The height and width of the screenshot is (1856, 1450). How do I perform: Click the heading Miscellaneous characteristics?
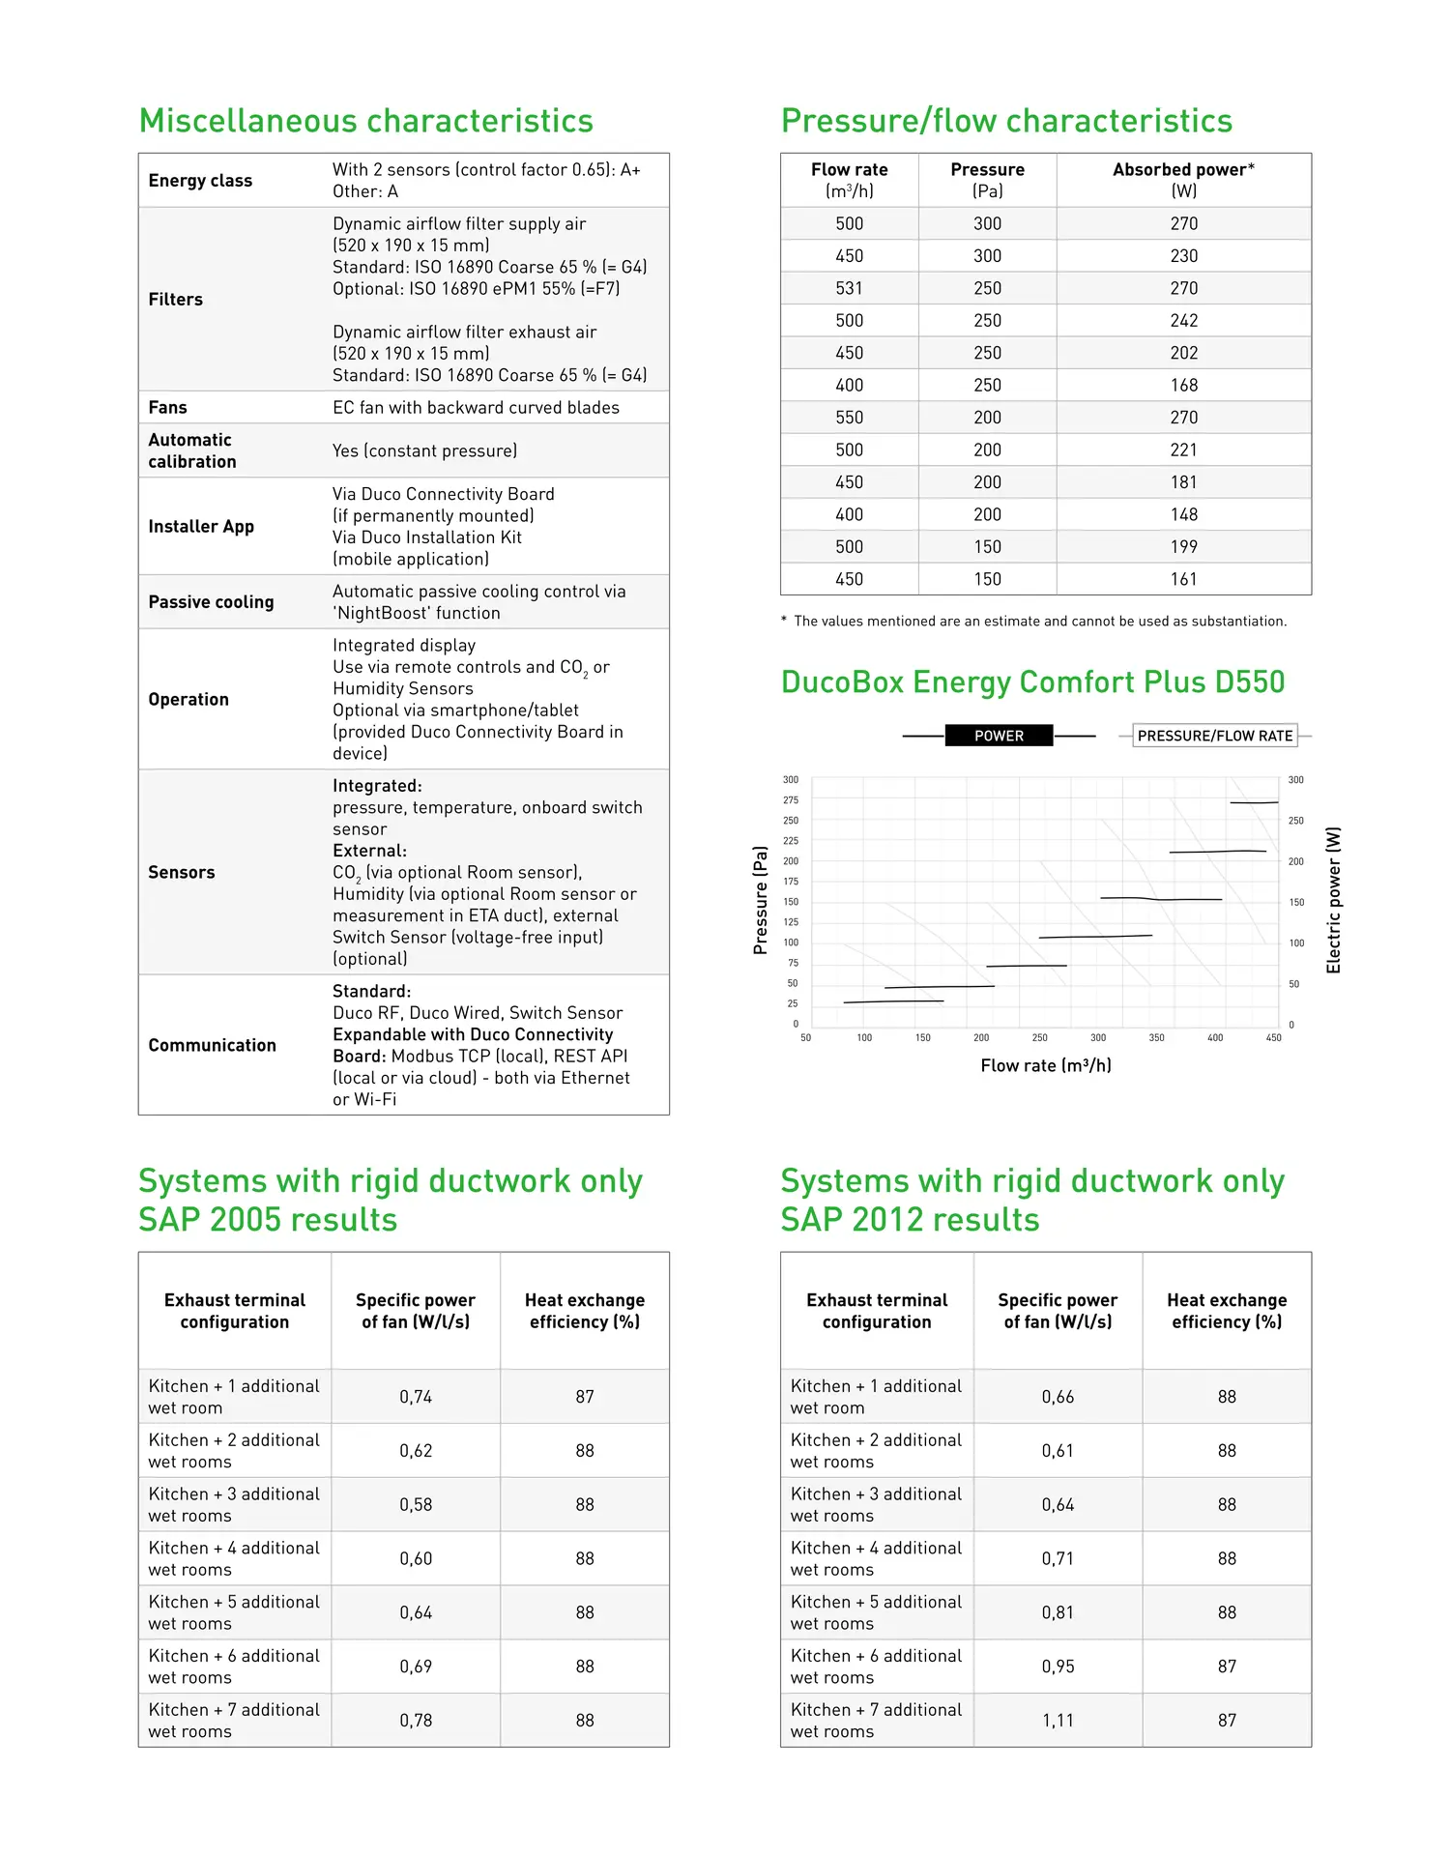click(365, 121)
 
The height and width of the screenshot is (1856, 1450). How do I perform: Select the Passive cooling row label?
click(211, 602)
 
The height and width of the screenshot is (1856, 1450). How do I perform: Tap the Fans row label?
click(167, 408)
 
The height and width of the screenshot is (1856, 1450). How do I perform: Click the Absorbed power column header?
click(1183, 180)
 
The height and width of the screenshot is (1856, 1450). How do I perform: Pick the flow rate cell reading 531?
click(849, 288)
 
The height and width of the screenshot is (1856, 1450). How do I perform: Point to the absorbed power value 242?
click(1183, 321)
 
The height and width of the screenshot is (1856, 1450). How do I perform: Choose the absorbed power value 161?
click(1183, 579)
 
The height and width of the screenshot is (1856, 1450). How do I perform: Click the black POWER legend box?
click(999, 736)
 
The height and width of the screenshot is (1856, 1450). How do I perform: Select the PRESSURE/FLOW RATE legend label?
click(1214, 736)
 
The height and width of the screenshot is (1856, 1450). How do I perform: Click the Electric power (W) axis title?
click(1333, 900)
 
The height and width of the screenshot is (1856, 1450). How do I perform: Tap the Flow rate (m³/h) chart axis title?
click(1045, 1065)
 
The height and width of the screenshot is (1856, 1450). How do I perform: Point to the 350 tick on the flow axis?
click(1156, 1038)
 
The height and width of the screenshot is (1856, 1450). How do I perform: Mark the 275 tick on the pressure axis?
click(791, 800)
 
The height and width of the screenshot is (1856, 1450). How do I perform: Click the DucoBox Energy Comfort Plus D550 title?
click(1032, 682)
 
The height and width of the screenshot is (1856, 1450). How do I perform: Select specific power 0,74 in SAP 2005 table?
click(416, 1397)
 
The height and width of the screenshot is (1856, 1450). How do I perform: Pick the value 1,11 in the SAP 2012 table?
click(1058, 1721)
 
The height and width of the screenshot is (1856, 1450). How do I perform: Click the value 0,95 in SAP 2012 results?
click(1058, 1667)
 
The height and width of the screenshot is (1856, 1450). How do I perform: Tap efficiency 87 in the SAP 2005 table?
click(585, 1397)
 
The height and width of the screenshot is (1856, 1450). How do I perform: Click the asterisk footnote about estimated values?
click(1033, 622)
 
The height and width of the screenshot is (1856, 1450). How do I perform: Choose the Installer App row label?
click(201, 527)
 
